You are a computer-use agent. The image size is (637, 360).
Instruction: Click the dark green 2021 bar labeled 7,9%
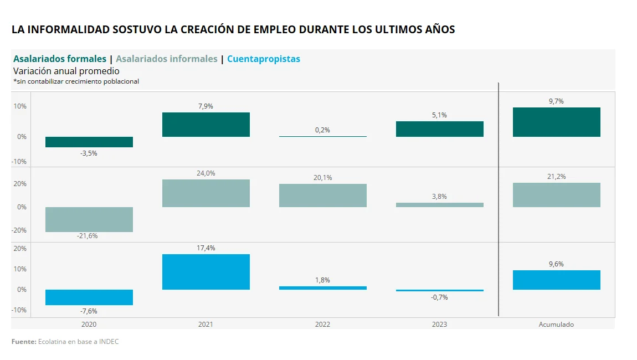pyautogui.click(x=206, y=125)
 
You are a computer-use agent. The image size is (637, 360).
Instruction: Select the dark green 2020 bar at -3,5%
pyautogui.click(x=89, y=142)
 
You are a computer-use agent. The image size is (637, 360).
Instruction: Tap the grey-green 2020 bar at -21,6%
pyautogui.click(x=89, y=219)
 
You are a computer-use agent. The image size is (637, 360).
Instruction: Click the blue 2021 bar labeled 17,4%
pyautogui.click(x=206, y=272)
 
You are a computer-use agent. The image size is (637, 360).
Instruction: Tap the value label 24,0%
pyautogui.click(x=206, y=173)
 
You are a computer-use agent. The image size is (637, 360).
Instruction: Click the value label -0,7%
pyautogui.click(x=439, y=297)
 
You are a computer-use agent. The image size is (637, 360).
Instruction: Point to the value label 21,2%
pyautogui.click(x=556, y=177)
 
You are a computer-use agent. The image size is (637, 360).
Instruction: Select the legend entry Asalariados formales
pyautogui.click(x=60, y=59)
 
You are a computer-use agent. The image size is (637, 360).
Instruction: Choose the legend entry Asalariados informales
pyautogui.click(x=167, y=59)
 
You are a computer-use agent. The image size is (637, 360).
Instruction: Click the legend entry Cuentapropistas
pyautogui.click(x=264, y=59)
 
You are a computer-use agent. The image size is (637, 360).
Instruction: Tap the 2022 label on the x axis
pyautogui.click(x=322, y=325)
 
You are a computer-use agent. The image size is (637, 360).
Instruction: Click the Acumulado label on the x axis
pyautogui.click(x=556, y=325)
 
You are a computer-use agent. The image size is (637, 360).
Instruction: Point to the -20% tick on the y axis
pyautogui.click(x=20, y=230)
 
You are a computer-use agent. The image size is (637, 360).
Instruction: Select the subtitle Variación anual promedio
pyautogui.click(x=66, y=71)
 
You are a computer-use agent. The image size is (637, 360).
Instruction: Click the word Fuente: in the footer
pyautogui.click(x=23, y=342)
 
